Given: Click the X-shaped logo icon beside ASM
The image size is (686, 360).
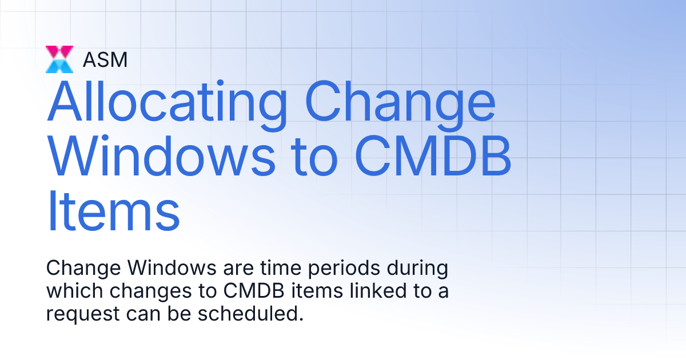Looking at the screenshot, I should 59,59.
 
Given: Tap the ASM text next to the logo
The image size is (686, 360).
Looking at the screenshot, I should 105,59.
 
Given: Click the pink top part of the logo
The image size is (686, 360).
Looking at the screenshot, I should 59,51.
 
